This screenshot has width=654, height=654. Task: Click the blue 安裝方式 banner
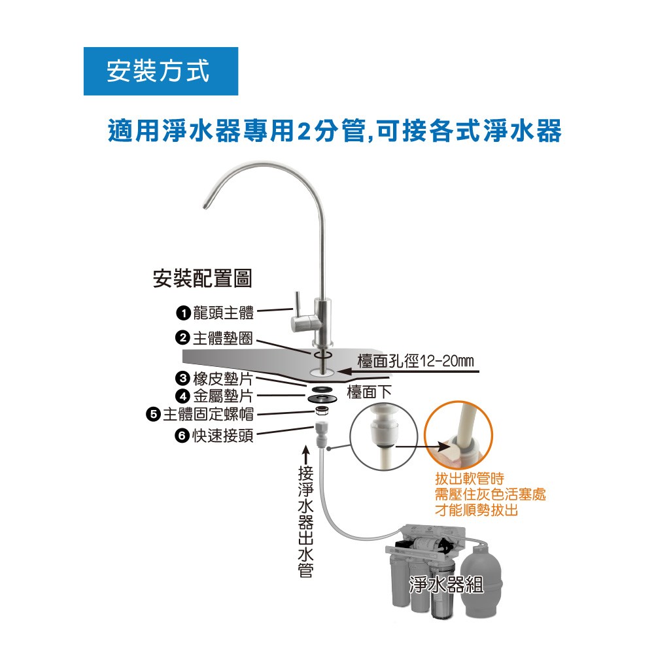pyautogui.click(x=160, y=71)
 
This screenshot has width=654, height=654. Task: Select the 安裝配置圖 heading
pyautogui.click(x=202, y=279)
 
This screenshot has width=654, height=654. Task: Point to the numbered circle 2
pyautogui.click(x=182, y=338)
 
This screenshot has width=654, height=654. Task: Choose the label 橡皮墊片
pyautogui.click(x=223, y=379)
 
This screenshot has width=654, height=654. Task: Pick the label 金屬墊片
pyautogui.click(x=223, y=396)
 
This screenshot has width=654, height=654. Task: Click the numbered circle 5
pyautogui.click(x=154, y=414)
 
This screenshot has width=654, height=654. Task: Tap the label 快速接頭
pyautogui.click(x=223, y=435)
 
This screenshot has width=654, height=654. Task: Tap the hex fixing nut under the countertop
pyautogui.click(x=320, y=411)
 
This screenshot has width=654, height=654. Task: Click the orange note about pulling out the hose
pyautogui.click(x=490, y=494)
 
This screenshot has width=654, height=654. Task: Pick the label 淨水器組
pyautogui.click(x=446, y=584)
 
